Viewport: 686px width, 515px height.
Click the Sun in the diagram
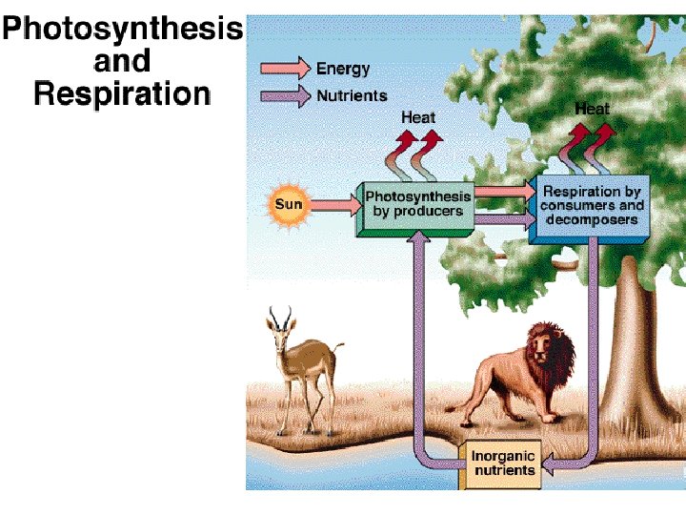coord(288,204)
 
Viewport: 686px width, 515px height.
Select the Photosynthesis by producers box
coord(417,204)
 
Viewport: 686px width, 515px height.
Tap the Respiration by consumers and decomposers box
coord(591,205)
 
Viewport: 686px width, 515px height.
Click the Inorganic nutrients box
coord(502,463)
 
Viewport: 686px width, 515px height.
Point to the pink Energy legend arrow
coord(286,68)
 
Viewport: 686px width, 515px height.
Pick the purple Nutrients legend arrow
coord(286,95)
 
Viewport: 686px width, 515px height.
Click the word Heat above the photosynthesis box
coord(417,117)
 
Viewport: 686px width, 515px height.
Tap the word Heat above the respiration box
coord(591,109)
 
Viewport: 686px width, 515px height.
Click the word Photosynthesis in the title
coord(122,30)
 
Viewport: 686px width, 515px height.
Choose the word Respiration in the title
coord(122,93)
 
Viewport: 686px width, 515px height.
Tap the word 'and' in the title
coord(122,62)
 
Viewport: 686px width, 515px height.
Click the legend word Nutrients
coord(352,95)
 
